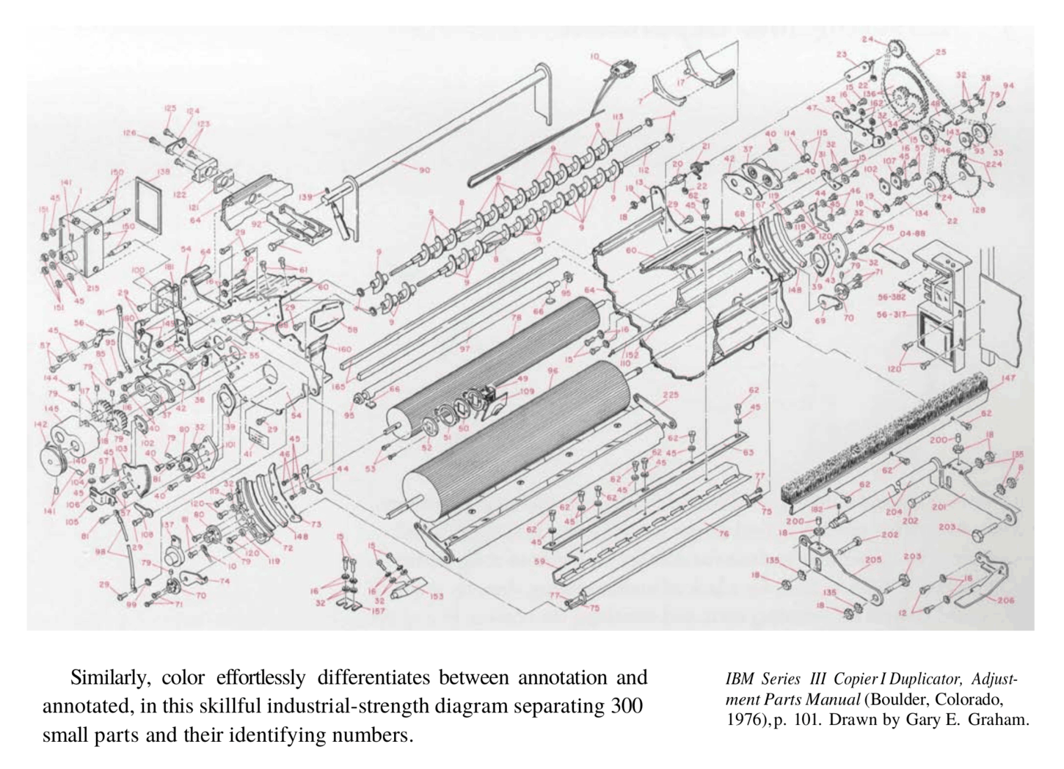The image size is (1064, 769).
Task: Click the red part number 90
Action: (424, 171)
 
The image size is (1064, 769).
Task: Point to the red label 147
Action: (1007, 379)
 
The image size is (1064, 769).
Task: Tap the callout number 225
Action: (670, 395)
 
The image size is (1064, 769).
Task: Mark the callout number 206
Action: (1005, 599)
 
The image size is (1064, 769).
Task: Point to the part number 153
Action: (436, 596)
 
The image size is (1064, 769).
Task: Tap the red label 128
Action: (978, 210)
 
